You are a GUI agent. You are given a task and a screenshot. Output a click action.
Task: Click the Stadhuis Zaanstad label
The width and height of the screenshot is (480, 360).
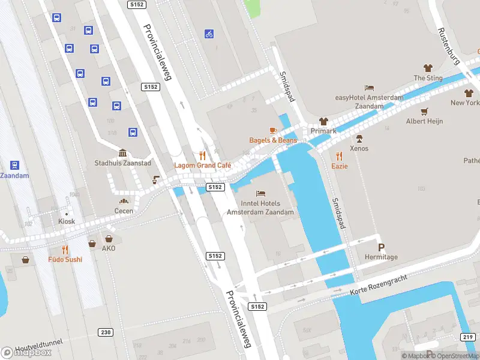pyautogui.click(x=122, y=163)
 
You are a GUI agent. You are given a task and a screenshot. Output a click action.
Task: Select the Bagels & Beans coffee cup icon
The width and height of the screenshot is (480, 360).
pyautogui.click(x=273, y=130)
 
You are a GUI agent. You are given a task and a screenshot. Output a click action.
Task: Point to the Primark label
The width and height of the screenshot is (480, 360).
pyautogui.click(x=323, y=131)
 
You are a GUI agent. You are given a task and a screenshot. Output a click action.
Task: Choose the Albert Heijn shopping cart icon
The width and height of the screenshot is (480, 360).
pyautogui.click(x=425, y=111)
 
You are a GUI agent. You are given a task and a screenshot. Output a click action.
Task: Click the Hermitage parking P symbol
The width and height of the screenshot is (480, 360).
pyautogui.click(x=381, y=247)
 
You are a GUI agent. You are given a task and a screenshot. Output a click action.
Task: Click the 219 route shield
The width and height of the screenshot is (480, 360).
pyautogui.click(x=468, y=337)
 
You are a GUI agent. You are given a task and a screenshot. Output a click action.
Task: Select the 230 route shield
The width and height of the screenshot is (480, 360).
pyautogui.click(x=106, y=332)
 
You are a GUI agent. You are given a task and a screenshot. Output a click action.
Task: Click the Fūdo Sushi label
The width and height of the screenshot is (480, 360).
pyautogui.click(x=65, y=259)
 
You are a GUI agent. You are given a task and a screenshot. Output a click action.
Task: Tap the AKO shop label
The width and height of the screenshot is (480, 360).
pyautogui.click(x=109, y=248)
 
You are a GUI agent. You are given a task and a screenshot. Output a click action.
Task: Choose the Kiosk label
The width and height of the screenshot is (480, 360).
pyautogui.click(x=67, y=221)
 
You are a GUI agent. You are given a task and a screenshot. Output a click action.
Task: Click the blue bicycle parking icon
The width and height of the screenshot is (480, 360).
pyautogui.click(x=209, y=34)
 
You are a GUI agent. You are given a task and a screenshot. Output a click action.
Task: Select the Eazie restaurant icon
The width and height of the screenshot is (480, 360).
pyautogui.click(x=340, y=155)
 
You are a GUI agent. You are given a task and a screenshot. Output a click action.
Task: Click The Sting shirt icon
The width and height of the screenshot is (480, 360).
pyautogui.click(x=428, y=68)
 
